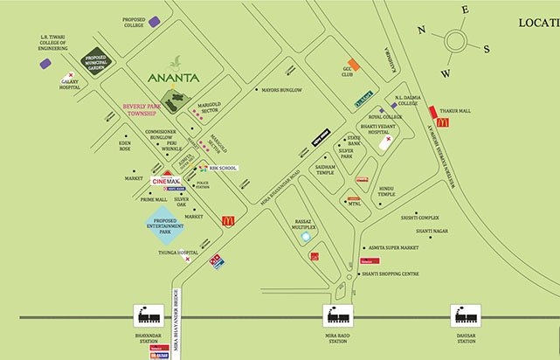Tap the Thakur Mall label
click(456, 110)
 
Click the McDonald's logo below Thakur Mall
click(442, 123)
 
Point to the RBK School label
click(222, 168)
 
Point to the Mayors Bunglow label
click(282, 90)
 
